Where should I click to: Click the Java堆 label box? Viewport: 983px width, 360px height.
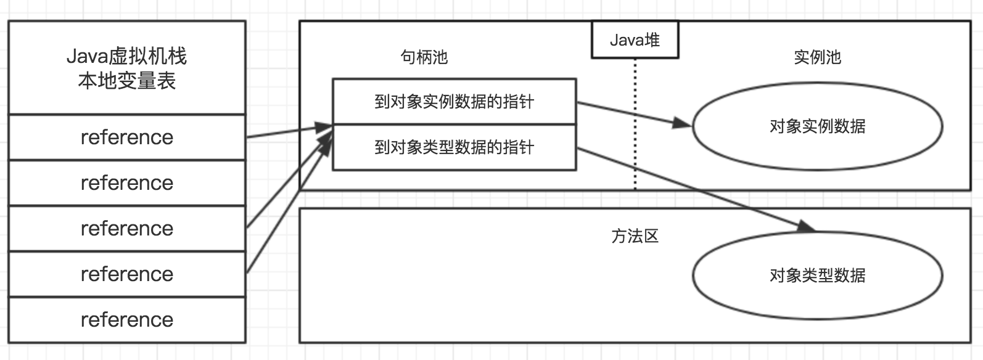pyautogui.click(x=635, y=40)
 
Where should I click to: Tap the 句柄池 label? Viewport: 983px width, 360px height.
pyautogui.click(x=424, y=57)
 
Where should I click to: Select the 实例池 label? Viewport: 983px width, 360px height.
pyautogui.click(x=817, y=57)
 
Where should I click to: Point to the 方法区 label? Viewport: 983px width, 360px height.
pyautogui.click(x=635, y=236)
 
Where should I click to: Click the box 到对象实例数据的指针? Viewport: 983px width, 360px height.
pyautogui.click(x=454, y=101)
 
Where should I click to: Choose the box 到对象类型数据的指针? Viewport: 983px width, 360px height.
pyautogui.click(x=454, y=147)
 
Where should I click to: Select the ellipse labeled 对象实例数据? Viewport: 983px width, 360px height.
pyautogui.click(x=817, y=126)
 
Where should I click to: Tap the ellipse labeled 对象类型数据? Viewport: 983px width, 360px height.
pyautogui.click(x=817, y=275)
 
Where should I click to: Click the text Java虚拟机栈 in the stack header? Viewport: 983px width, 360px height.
pyautogui.click(x=126, y=57)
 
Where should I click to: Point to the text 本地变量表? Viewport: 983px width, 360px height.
pyautogui.click(x=126, y=81)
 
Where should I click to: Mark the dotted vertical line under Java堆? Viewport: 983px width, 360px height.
pyautogui.click(x=635, y=123)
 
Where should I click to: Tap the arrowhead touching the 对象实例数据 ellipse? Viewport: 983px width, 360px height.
pyautogui.click(x=683, y=123)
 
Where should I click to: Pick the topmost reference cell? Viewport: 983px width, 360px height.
pyautogui.click(x=126, y=137)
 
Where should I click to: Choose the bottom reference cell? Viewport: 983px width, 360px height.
pyautogui.click(x=126, y=319)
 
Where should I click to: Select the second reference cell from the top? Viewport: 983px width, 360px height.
pyautogui.click(x=126, y=182)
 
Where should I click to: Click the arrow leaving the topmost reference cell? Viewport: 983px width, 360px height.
pyautogui.click(x=284, y=133)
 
